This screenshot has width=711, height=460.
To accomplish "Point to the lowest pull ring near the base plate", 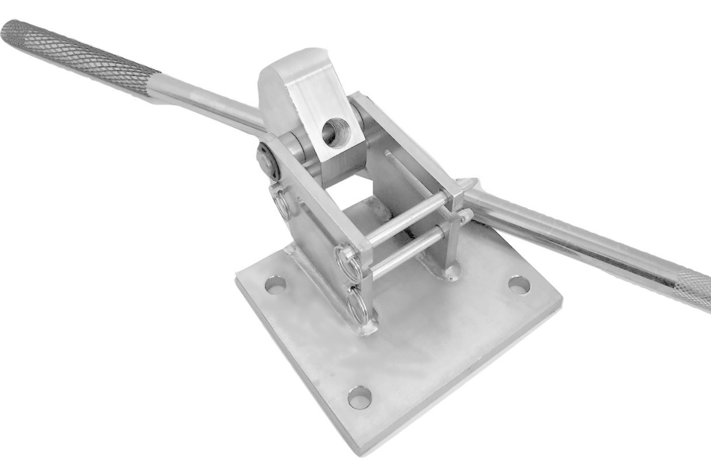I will coord(358,303).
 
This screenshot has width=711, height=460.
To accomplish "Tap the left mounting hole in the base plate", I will coord(275,284).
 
